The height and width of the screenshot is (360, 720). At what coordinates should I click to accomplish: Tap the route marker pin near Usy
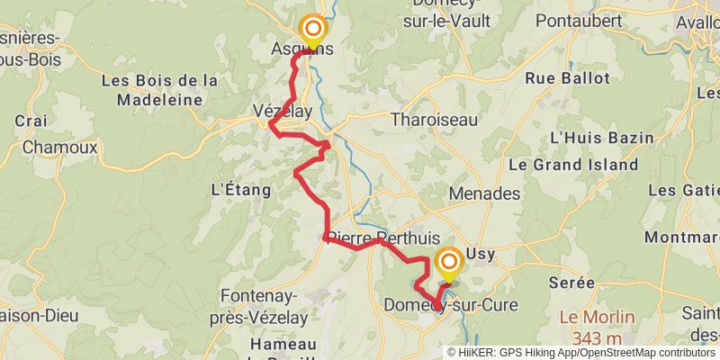(x=448, y=263)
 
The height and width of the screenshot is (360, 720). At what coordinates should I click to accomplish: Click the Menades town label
(x=485, y=193)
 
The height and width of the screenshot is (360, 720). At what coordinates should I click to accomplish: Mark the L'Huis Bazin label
(x=594, y=138)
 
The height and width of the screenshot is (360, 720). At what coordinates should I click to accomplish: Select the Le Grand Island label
(x=573, y=166)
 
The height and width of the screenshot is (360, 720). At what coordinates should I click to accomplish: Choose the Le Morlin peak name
(x=597, y=318)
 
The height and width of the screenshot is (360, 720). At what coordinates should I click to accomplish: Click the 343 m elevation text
(x=597, y=338)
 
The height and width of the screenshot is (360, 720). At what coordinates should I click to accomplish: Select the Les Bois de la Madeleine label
(x=160, y=90)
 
